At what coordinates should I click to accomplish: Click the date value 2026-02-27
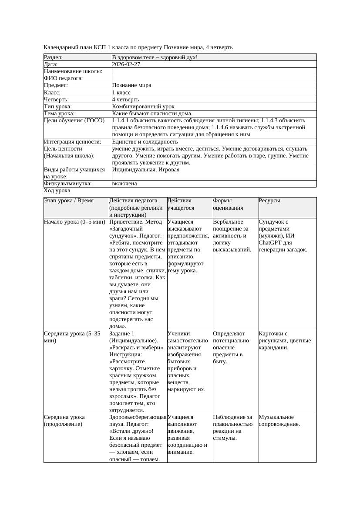[x=126, y=64]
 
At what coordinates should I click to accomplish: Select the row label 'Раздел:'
[x=53, y=57]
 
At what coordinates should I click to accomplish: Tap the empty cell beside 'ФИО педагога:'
[x=213, y=78]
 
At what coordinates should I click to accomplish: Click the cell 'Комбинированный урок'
[x=143, y=107]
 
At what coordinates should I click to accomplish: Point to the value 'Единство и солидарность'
[x=145, y=142]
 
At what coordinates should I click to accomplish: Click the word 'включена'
[x=124, y=184]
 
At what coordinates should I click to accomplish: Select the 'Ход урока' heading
[x=57, y=191]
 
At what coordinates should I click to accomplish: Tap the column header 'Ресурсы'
[x=269, y=201]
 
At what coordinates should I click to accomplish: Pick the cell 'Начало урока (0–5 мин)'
[x=74, y=222]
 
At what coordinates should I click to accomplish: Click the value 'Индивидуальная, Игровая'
[x=145, y=170]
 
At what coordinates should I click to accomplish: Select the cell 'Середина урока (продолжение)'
[x=64, y=421]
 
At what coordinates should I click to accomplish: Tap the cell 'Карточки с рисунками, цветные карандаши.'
[x=285, y=341]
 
